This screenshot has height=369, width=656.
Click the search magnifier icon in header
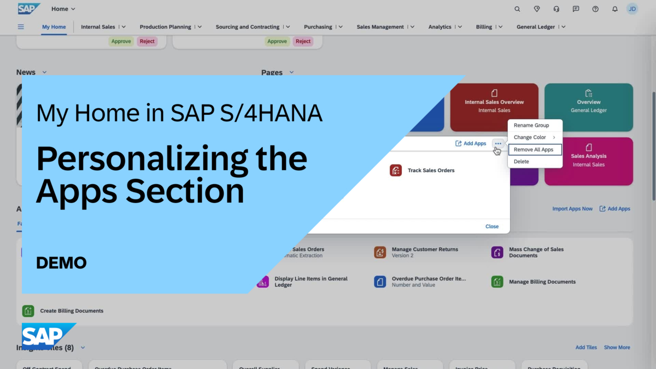coord(517,9)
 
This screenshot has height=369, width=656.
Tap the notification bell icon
coord(614,9)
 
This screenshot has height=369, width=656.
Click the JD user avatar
coord(632,9)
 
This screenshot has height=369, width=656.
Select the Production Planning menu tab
coord(165,27)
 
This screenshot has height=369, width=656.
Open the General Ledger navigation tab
coord(536,27)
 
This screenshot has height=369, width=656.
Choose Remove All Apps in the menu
coord(534,149)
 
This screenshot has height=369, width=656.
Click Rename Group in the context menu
coord(531,125)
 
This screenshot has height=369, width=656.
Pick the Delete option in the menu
coord(522,161)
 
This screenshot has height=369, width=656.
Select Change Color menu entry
coord(530,137)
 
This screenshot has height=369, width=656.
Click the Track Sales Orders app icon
coord(396,171)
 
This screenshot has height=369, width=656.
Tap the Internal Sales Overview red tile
coord(494,107)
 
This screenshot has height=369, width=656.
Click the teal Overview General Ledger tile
coord(588,107)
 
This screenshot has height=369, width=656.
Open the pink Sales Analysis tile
coord(588,160)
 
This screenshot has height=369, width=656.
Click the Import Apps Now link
coord(572,209)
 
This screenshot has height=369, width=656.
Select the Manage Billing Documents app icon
coord(497,282)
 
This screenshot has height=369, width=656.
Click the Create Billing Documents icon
coord(28,311)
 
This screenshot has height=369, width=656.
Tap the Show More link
coord(617,348)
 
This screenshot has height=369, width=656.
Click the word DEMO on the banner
coord(61,263)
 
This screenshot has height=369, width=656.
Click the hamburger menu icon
coord(21,27)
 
